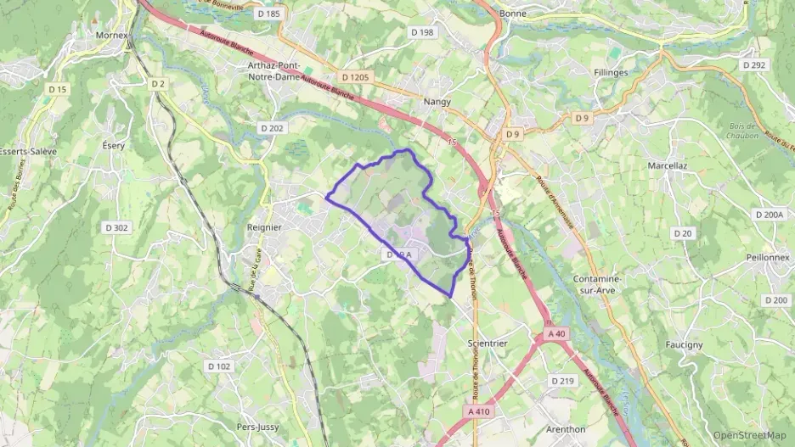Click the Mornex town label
coord(111,36)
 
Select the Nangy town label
coord(437,101)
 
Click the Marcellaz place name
coord(667,165)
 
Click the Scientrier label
coord(488,343)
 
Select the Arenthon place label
coord(566,429)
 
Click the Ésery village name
coord(114,145)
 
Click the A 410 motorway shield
coord(480,411)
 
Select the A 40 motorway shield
coord(556,334)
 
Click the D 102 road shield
coord(218,366)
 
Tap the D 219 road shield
coord(562,381)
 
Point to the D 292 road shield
coord(753,64)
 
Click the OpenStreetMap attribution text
coord(749,435)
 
